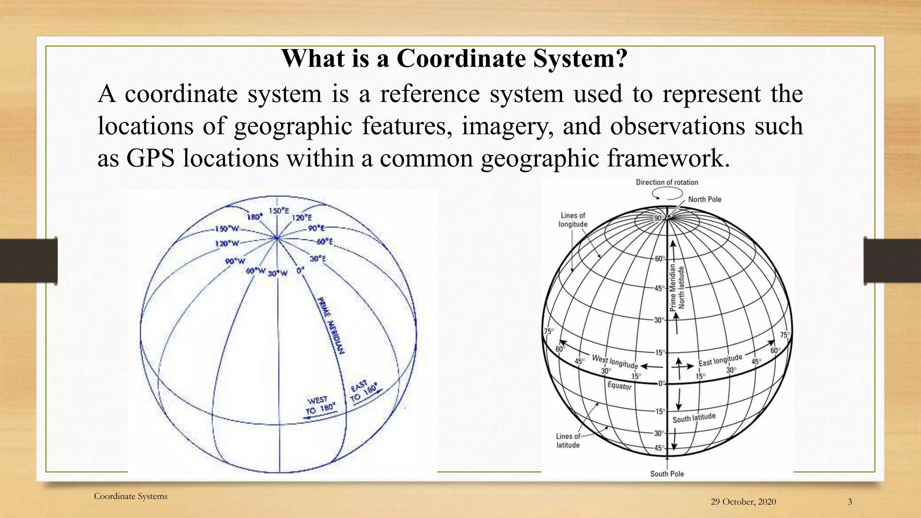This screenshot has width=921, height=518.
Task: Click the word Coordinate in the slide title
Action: (x=461, y=59)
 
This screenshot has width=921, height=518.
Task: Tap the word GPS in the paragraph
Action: (x=150, y=158)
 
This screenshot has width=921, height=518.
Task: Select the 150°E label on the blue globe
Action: (x=279, y=210)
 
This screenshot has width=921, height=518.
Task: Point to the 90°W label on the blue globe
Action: (x=236, y=261)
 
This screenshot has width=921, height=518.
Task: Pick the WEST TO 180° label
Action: (x=320, y=405)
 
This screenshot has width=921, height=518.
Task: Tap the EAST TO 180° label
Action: (x=364, y=391)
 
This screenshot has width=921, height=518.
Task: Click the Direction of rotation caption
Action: (x=667, y=182)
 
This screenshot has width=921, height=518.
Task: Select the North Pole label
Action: (x=705, y=199)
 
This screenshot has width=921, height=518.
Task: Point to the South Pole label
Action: (x=667, y=473)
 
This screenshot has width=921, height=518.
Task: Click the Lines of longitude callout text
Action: (x=573, y=220)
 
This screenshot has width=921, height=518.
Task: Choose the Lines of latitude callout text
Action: (x=568, y=441)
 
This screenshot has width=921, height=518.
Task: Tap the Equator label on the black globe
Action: (x=619, y=386)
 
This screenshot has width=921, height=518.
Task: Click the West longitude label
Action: (x=615, y=361)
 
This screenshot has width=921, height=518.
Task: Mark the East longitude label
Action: (x=720, y=360)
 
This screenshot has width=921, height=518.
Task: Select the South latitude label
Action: (x=694, y=418)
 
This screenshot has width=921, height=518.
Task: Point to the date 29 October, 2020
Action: (x=743, y=502)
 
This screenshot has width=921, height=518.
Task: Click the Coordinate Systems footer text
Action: (x=130, y=496)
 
